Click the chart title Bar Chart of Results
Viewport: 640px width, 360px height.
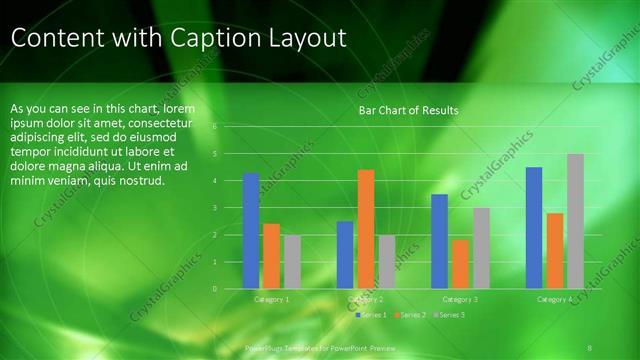click(x=408, y=110)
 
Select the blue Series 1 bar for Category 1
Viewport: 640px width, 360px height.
click(x=251, y=230)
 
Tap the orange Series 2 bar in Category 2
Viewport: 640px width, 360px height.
click(x=366, y=229)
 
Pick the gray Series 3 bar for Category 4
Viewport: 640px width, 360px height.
click(x=575, y=221)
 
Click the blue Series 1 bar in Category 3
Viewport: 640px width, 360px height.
click(x=439, y=241)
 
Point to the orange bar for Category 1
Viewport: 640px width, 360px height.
click(x=271, y=256)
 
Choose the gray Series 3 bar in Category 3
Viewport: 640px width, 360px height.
click(x=481, y=248)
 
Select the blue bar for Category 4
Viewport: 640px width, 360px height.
click(x=534, y=227)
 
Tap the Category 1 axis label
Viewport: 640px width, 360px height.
click(x=272, y=299)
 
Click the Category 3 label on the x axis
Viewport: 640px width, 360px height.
click(x=460, y=299)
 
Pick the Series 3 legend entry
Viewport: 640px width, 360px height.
click(x=450, y=315)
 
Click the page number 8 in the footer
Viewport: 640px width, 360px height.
click(x=591, y=345)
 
